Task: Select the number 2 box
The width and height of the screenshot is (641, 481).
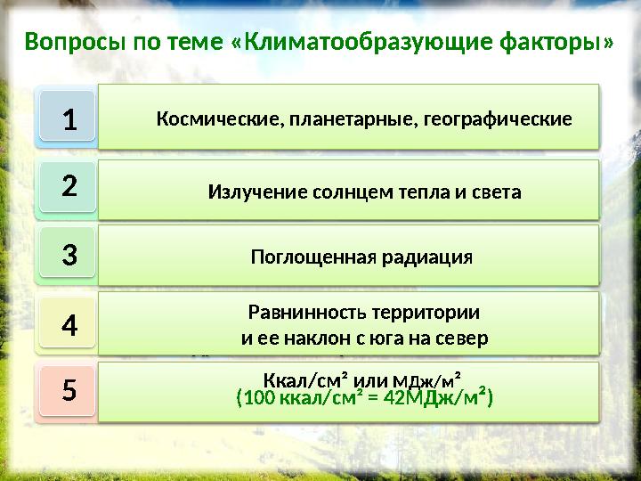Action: pyautogui.click(x=68, y=188)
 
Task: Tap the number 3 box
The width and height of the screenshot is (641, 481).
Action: pyautogui.click(x=68, y=256)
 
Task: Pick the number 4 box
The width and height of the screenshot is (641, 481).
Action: pyautogui.click(x=68, y=325)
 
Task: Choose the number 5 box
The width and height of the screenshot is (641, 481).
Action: pyautogui.click(x=68, y=389)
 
